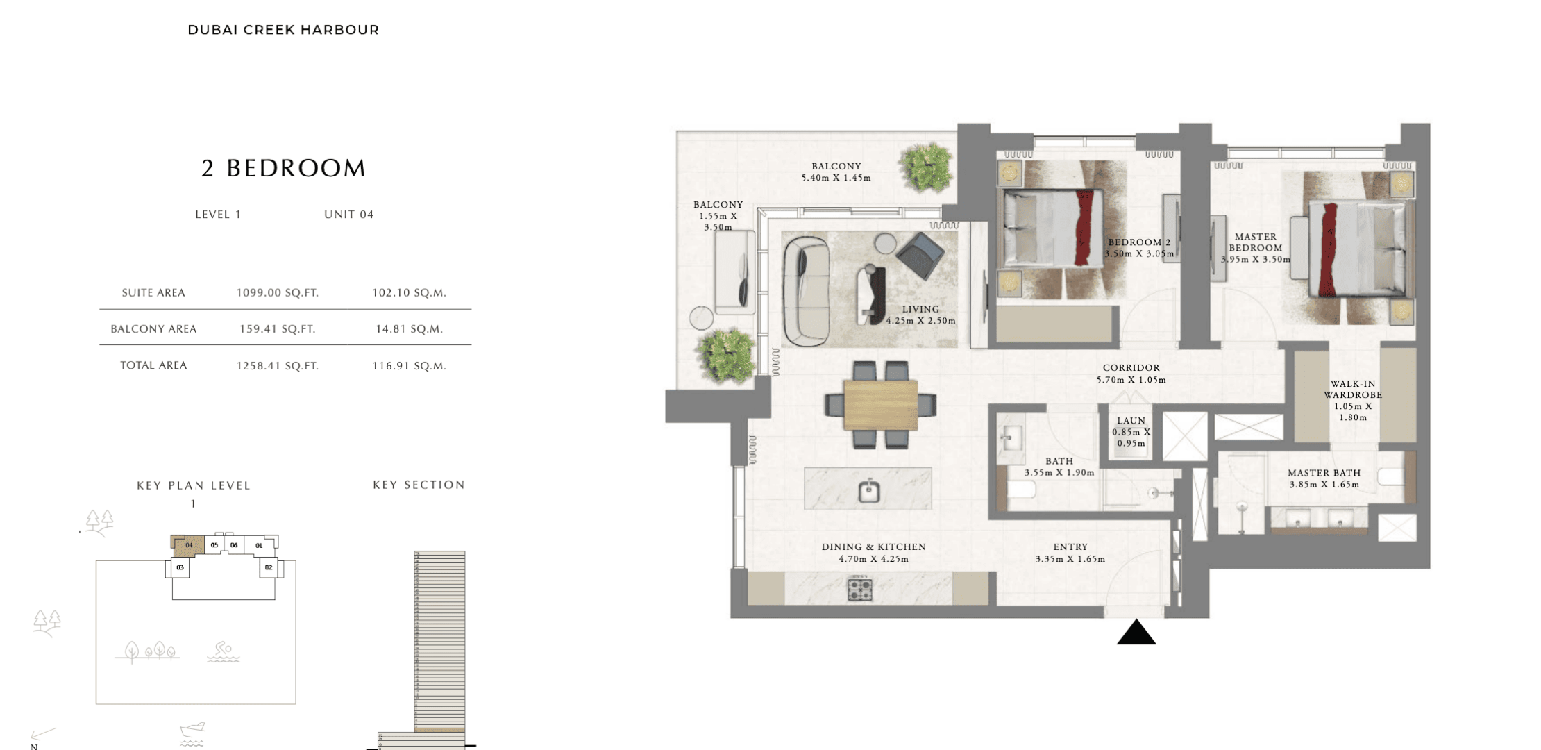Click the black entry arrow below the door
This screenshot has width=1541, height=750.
[x=1136, y=633]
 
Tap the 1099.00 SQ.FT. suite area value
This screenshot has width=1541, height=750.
[x=278, y=293]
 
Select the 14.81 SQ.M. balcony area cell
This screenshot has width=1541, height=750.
[x=409, y=329]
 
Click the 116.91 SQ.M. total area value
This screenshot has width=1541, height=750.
[x=409, y=366]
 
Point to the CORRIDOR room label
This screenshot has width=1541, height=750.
[x=1131, y=368]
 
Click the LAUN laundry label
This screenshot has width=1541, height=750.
[x=1131, y=421]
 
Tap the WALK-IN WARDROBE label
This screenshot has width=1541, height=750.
[x=1353, y=390]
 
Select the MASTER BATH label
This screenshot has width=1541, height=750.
[x=1324, y=473]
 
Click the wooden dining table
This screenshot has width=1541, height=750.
[x=881, y=404]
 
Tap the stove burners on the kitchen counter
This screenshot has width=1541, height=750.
[x=859, y=589]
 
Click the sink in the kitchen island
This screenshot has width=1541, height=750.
[x=868, y=490]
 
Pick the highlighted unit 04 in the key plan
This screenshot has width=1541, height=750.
[x=188, y=545]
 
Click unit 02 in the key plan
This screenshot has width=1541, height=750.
[x=269, y=567]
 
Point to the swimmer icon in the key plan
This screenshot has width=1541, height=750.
[x=223, y=651]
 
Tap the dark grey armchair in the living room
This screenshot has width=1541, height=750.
[x=920, y=255]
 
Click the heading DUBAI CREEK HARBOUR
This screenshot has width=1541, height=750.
[x=283, y=30]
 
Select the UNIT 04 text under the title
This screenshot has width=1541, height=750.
[x=349, y=215]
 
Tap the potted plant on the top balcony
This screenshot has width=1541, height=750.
[x=925, y=167]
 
